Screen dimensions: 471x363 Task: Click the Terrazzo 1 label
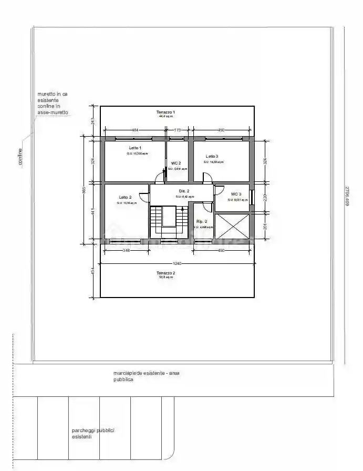click(165, 112)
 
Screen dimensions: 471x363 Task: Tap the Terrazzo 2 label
click(165, 273)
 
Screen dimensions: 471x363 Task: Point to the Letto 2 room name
click(125, 197)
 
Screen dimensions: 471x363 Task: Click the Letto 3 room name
click(212, 156)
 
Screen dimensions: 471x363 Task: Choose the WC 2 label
click(176, 163)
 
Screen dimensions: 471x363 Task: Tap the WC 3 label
click(236, 194)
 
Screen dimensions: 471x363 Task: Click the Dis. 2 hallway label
click(184, 191)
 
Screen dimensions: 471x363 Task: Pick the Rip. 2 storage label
click(202, 221)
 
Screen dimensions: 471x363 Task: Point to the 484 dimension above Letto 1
click(134, 129)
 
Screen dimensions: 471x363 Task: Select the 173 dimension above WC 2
click(178, 129)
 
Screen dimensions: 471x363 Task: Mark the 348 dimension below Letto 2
click(126, 251)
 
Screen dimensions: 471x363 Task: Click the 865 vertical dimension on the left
click(85, 190)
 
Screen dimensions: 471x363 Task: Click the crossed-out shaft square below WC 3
click(231, 226)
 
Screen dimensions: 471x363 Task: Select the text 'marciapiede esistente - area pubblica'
click(146, 376)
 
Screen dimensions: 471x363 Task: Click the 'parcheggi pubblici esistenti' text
click(93, 433)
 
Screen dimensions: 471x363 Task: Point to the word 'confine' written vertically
click(20, 157)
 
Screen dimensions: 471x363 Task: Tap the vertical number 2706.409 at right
click(347, 195)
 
